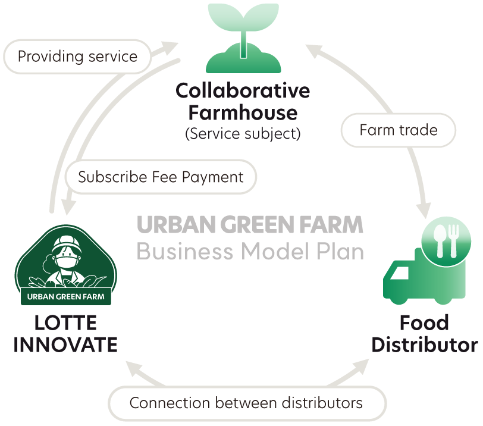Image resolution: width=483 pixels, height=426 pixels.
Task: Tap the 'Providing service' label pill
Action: coord(77,57)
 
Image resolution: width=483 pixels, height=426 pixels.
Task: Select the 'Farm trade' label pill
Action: coord(398,129)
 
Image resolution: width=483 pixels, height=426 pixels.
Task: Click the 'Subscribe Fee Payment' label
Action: coord(161,177)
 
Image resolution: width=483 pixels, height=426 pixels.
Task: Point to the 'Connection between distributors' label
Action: coord(246,403)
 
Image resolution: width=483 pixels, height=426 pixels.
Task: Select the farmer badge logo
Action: coord(65,265)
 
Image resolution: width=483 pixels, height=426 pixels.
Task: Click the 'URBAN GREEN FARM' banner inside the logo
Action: coord(66,296)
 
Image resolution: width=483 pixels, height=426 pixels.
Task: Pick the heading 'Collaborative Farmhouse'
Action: coord(243,101)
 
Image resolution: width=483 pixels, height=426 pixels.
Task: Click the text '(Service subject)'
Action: coord(243,133)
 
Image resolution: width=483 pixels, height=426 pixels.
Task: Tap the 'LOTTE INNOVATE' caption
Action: coord(65,334)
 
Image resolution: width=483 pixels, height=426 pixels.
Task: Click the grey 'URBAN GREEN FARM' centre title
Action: coord(250,225)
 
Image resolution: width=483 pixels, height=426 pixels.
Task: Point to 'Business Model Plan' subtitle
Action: coord(250,252)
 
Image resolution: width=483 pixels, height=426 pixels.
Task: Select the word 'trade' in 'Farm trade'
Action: coord(419,129)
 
